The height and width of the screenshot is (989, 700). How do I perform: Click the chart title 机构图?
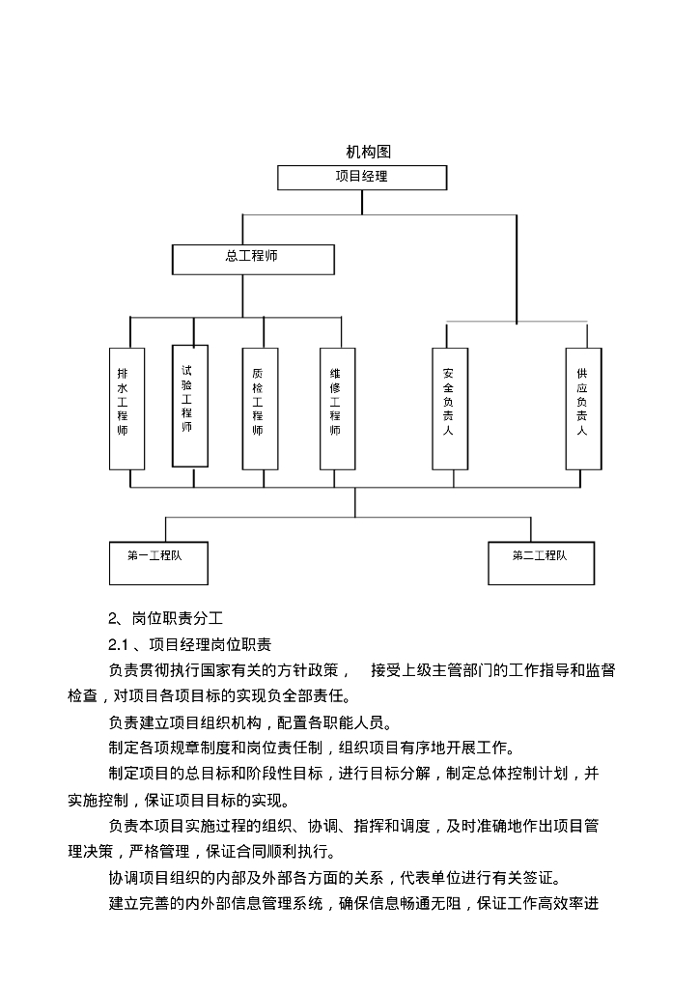pyautogui.click(x=367, y=152)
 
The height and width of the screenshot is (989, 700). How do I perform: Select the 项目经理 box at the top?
pyautogui.click(x=362, y=178)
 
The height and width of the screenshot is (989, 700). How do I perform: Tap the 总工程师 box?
pyautogui.click(x=253, y=259)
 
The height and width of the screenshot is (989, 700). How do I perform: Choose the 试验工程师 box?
pyautogui.click(x=189, y=405)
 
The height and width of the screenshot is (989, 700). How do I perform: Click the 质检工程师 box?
pyautogui.click(x=258, y=409)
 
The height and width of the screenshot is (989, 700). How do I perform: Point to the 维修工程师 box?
pyautogui.click(x=335, y=409)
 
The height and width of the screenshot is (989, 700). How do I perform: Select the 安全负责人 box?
pyautogui.click(x=449, y=409)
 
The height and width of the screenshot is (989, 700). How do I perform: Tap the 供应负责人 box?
pyautogui.click(x=582, y=409)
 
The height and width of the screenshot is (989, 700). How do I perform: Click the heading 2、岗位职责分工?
pyautogui.click(x=165, y=619)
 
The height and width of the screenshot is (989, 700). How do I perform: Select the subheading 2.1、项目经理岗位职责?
pyautogui.click(x=189, y=644)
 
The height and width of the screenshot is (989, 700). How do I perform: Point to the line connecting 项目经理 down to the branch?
pyautogui.click(x=362, y=202)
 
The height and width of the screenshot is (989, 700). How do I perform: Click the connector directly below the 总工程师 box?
pyautogui.click(x=243, y=296)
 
